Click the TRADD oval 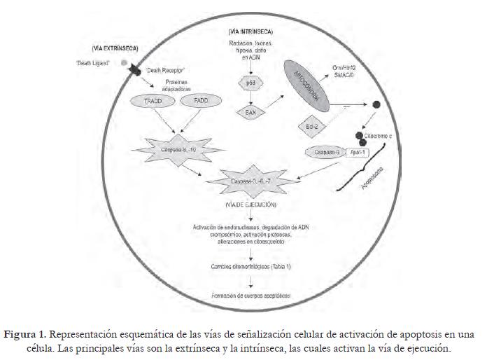click(143, 102)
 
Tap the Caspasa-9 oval click(323, 151)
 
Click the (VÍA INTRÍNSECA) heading click(250, 32)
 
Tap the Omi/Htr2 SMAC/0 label click(353, 70)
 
